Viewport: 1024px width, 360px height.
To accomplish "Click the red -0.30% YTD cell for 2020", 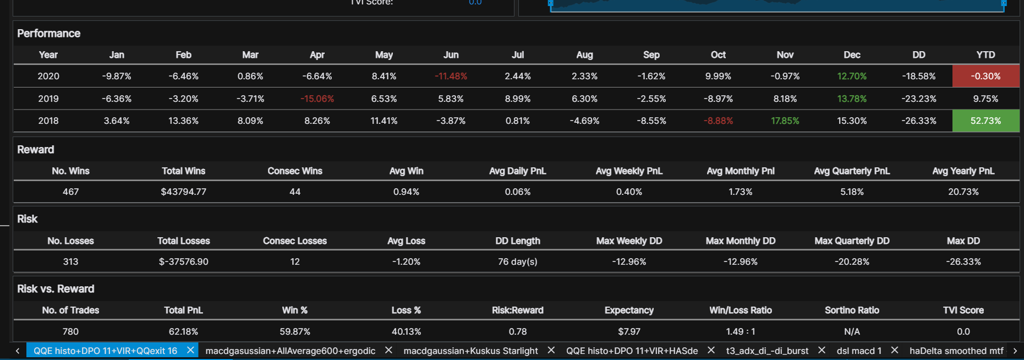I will coord(985,76).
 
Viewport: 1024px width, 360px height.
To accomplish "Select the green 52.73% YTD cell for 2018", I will coord(985,121).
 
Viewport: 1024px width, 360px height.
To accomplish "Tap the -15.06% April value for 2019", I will coord(317,99).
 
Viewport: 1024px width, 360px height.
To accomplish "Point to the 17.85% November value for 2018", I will coord(785,121).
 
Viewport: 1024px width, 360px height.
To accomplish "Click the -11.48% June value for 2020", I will coord(451,76).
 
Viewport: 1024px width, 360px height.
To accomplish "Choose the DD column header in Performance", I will coord(918,54).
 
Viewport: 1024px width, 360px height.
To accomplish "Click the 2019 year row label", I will coord(48,99).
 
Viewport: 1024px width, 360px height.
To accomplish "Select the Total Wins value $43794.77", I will coord(183,192).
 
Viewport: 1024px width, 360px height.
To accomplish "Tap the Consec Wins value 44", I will coord(295,192).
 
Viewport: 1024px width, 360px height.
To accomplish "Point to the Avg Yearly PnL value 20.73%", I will coord(963,192).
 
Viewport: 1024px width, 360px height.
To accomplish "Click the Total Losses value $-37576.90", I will coord(183,261).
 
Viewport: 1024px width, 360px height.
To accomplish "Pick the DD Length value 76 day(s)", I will coord(517,261).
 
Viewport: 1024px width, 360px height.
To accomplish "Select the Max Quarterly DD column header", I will coord(852,241).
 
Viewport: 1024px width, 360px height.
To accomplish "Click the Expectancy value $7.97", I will coord(629,331).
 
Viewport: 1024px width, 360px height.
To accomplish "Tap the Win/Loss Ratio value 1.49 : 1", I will coord(740,331).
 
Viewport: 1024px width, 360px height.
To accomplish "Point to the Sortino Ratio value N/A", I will coord(852,331).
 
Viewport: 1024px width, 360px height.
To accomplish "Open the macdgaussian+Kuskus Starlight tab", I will coord(470,351).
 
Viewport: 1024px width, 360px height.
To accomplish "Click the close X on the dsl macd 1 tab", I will coord(895,350).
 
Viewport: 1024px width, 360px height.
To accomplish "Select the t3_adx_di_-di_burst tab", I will coord(767,351).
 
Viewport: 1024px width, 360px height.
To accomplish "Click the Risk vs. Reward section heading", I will coord(56,289).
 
